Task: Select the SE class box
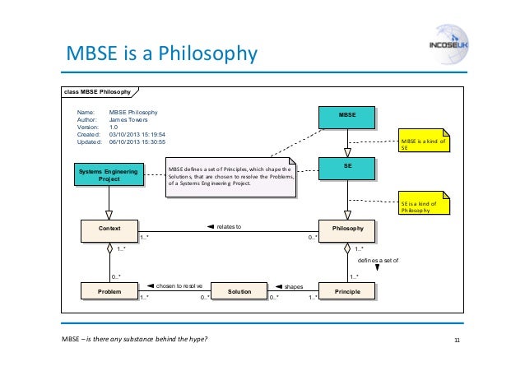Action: click(x=347, y=169)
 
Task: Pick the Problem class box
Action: click(x=109, y=291)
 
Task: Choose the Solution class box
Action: click(x=239, y=291)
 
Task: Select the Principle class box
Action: click(x=347, y=291)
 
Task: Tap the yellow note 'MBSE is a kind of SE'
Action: click(x=425, y=145)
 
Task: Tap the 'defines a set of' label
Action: click(x=378, y=258)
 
